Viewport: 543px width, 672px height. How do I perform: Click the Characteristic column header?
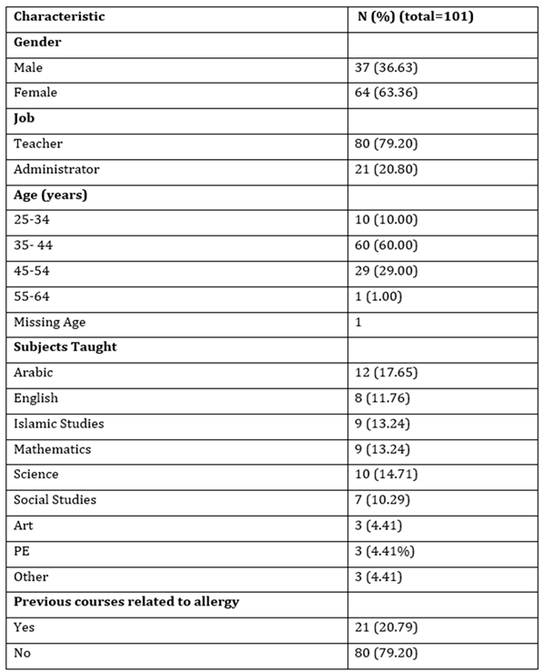59,16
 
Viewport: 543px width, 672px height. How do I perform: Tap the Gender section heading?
37,42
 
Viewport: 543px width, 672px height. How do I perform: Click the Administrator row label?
56,169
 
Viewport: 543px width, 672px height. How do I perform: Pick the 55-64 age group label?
32,296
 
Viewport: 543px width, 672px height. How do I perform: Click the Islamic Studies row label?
59,424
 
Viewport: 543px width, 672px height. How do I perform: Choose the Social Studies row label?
55,500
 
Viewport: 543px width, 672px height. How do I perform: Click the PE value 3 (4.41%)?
388,551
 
